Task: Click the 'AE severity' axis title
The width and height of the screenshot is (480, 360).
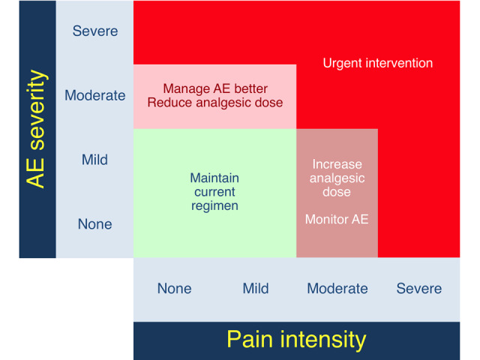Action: click(37, 129)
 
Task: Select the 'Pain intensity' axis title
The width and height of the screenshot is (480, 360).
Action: click(296, 340)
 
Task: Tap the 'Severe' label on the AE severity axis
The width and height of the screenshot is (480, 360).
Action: click(95, 31)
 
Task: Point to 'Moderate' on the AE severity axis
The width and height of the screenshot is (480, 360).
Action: click(95, 95)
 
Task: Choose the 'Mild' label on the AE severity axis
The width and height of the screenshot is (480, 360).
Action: click(94, 160)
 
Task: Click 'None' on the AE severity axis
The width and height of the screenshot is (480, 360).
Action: click(95, 224)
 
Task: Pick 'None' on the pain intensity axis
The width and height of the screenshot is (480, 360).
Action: click(175, 288)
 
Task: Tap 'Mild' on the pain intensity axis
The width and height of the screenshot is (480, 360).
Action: click(256, 288)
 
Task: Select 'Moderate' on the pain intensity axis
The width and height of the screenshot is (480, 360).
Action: click(337, 288)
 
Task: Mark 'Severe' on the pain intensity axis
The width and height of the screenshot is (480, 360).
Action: click(419, 288)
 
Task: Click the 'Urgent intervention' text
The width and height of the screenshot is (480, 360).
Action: click(378, 63)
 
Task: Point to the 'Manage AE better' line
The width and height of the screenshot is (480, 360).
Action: click(215, 88)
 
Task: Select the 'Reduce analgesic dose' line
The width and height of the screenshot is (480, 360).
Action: click(215, 103)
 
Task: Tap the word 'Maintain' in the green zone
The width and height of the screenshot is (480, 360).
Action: click(214, 178)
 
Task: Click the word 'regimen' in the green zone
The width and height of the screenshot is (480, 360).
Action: click(214, 206)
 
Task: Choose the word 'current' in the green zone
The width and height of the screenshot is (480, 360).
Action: click(214, 192)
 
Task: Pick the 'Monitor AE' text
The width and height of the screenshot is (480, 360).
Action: click(337, 219)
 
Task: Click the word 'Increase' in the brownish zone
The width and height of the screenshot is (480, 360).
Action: click(337, 164)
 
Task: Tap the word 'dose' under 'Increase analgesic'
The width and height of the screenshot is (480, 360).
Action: click(337, 192)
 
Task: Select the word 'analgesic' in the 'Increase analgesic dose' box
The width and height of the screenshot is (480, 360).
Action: click(337, 178)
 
